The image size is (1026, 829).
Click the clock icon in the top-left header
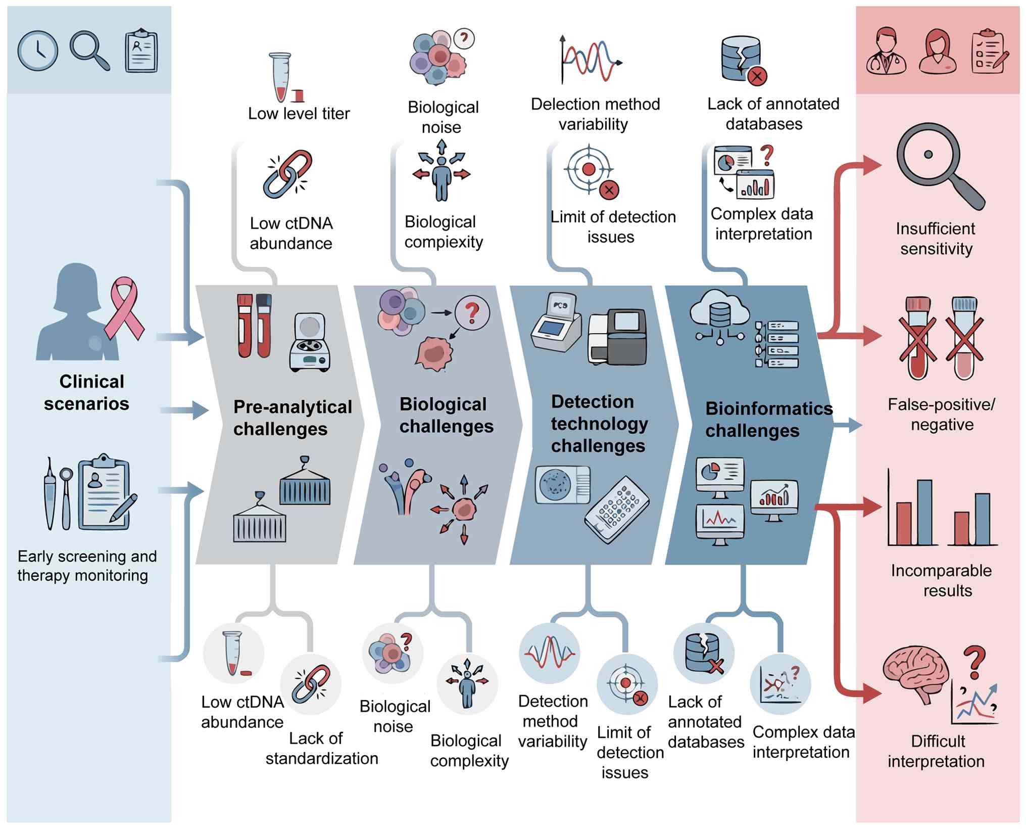point(38,51)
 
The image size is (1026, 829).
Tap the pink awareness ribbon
point(124,308)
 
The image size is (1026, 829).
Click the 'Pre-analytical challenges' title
point(292,418)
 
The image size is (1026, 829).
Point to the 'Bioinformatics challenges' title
point(768,419)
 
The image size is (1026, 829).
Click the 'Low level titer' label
point(299,113)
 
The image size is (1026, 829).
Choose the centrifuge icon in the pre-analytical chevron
point(310,342)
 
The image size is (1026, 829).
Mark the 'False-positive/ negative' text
point(941,414)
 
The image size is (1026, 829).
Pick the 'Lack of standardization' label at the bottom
point(321,748)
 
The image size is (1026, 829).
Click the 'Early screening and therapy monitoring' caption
point(86,566)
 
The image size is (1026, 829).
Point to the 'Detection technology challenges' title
point(599,424)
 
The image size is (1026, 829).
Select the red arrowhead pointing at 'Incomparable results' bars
point(871,507)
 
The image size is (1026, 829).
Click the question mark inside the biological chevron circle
point(472,313)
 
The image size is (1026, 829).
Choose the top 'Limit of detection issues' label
point(612,226)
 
